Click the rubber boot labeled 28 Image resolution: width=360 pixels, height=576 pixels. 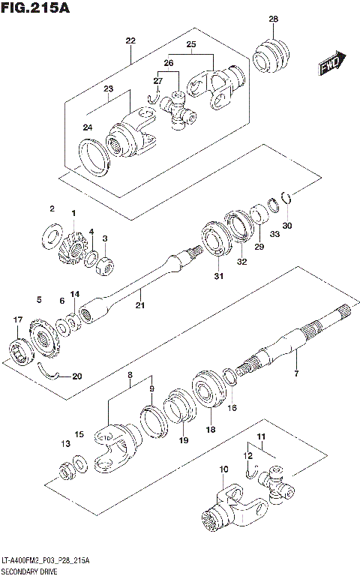click(270, 57)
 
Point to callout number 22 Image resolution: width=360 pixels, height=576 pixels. click(130, 40)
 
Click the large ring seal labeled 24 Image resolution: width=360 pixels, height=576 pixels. click(95, 155)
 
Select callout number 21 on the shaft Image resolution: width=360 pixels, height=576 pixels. click(139, 305)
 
